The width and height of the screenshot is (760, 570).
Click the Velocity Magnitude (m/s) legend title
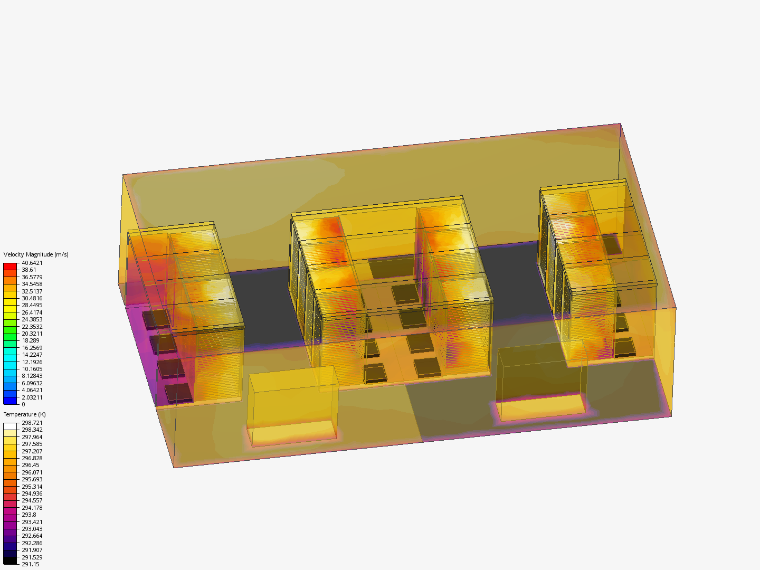(x=36, y=254)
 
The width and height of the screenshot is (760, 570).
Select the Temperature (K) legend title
(x=25, y=414)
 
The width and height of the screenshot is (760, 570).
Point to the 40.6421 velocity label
(x=32, y=263)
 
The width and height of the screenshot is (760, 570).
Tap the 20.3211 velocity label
(x=32, y=334)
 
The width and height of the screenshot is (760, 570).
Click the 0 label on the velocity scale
(x=24, y=404)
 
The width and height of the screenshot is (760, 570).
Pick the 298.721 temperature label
(x=32, y=423)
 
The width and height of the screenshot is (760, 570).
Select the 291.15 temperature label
(x=31, y=565)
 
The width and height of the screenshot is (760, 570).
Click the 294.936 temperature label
(x=32, y=493)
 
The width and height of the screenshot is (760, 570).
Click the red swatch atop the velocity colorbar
(x=10, y=267)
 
